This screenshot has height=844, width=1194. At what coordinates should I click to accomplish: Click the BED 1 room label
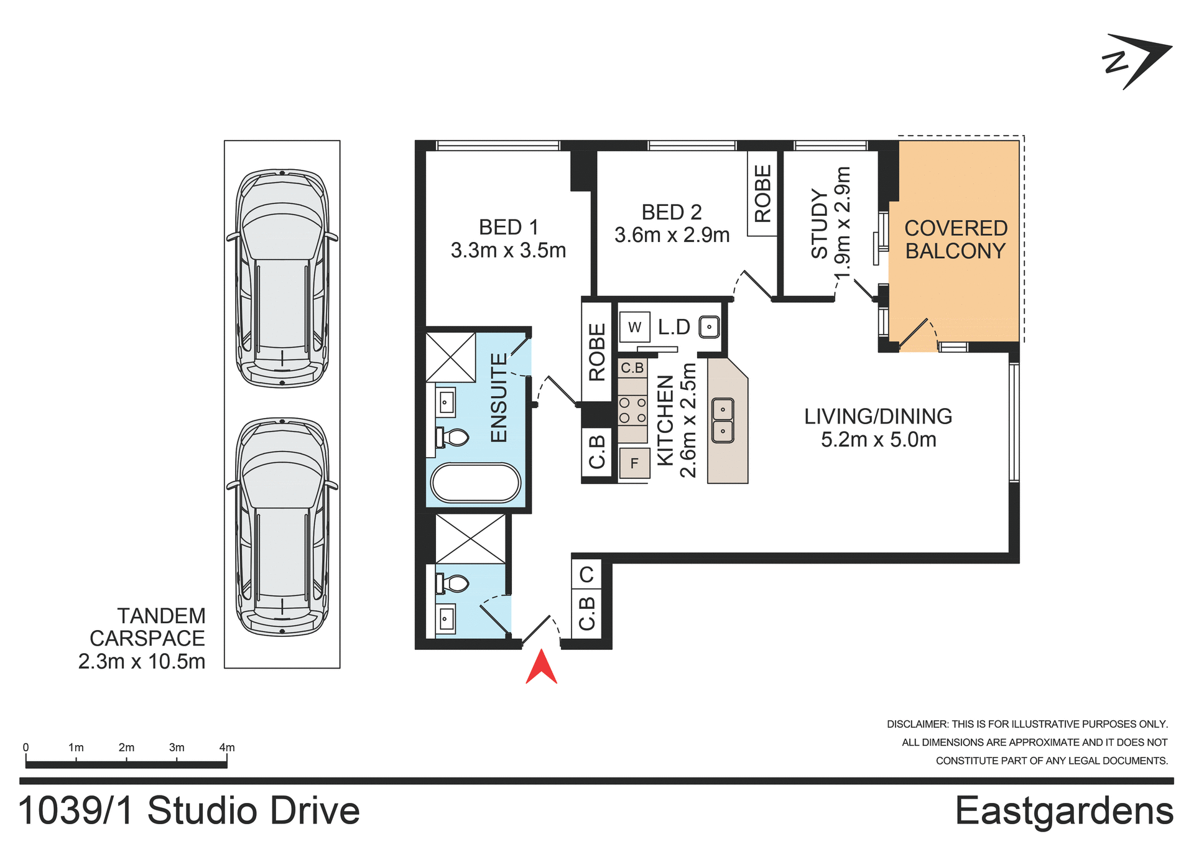pos(508,227)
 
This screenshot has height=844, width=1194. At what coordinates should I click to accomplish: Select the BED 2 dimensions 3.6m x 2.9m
pos(672,235)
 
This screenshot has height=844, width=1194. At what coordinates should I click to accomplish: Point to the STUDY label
pos(820,223)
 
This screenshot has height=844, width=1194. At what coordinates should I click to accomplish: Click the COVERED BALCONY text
pos(955,239)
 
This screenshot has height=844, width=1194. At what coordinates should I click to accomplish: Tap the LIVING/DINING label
pos(877,416)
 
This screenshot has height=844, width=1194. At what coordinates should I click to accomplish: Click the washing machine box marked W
pos(634,327)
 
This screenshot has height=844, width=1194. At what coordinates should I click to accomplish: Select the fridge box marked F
pos(634,463)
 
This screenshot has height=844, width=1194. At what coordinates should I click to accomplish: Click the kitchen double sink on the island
pos(722,420)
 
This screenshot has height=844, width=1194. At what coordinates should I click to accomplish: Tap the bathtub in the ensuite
pos(476,483)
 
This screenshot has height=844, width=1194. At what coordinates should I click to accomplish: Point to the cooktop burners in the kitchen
pos(632,410)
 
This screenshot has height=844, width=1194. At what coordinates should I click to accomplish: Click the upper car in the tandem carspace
pos(282,278)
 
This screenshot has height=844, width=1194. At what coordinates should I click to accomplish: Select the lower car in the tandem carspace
pos(282,527)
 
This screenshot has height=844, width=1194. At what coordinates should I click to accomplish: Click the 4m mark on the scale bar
pos(227,748)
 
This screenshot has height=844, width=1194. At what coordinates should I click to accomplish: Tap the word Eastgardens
pos(1063,811)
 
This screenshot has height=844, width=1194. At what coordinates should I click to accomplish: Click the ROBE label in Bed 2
pos(762,193)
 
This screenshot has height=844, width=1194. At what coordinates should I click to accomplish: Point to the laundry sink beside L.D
pos(709,327)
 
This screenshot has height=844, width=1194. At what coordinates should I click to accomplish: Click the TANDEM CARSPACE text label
pos(147,627)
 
